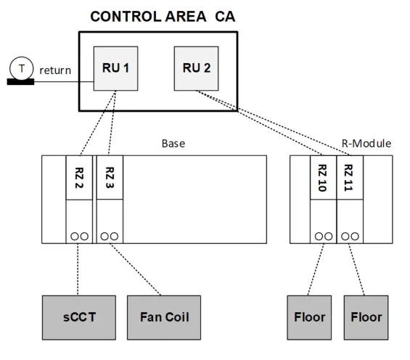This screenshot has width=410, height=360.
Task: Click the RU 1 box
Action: (x=115, y=69)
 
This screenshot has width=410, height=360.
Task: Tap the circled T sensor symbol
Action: (x=21, y=68)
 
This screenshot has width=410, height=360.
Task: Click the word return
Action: (x=55, y=70)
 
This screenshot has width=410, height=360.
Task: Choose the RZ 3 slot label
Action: (x=110, y=178)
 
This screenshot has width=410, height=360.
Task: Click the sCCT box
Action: (x=78, y=317)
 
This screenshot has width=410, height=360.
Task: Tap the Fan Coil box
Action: (x=163, y=317)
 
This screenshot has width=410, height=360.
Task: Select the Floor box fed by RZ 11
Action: (x=366, y=317)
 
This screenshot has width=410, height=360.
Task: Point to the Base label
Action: (x=173, y=143)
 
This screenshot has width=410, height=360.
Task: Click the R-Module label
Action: (x=366, y=143)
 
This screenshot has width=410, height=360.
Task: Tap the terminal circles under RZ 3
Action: (x=110, y=236)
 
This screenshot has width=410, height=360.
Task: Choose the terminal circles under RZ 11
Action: (x=349, y=236)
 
